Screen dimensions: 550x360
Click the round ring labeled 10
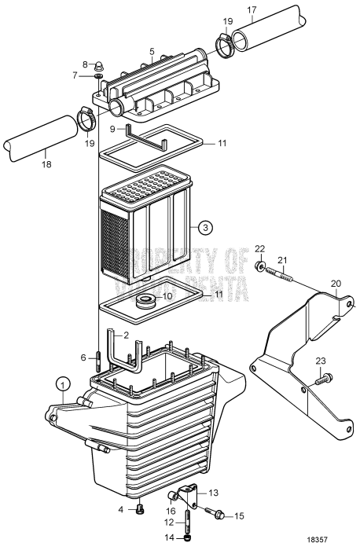click(145, 299)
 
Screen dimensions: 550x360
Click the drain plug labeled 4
click(140, 508)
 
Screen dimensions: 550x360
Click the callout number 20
click(336, 284)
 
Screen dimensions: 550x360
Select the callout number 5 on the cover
click(151, 52)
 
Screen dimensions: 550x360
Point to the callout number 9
click(112, 129)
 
